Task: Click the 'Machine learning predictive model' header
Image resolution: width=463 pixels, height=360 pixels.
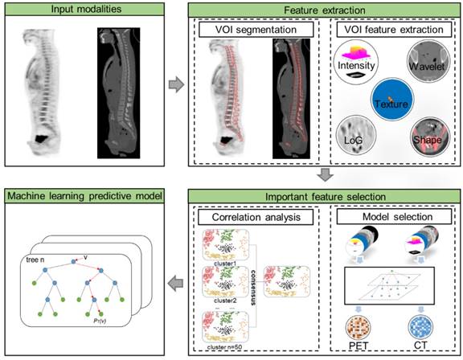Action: pyautogui.click(x=83, y=195)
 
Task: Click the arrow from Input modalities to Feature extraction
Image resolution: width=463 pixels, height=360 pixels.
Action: pyautogui.click(x=174, y=81)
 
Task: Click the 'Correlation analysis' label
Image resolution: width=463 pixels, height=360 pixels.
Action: pyautogui.click(x=255, y=216)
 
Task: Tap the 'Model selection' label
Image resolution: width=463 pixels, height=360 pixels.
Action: pyautogui.click(x=391, y=216)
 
